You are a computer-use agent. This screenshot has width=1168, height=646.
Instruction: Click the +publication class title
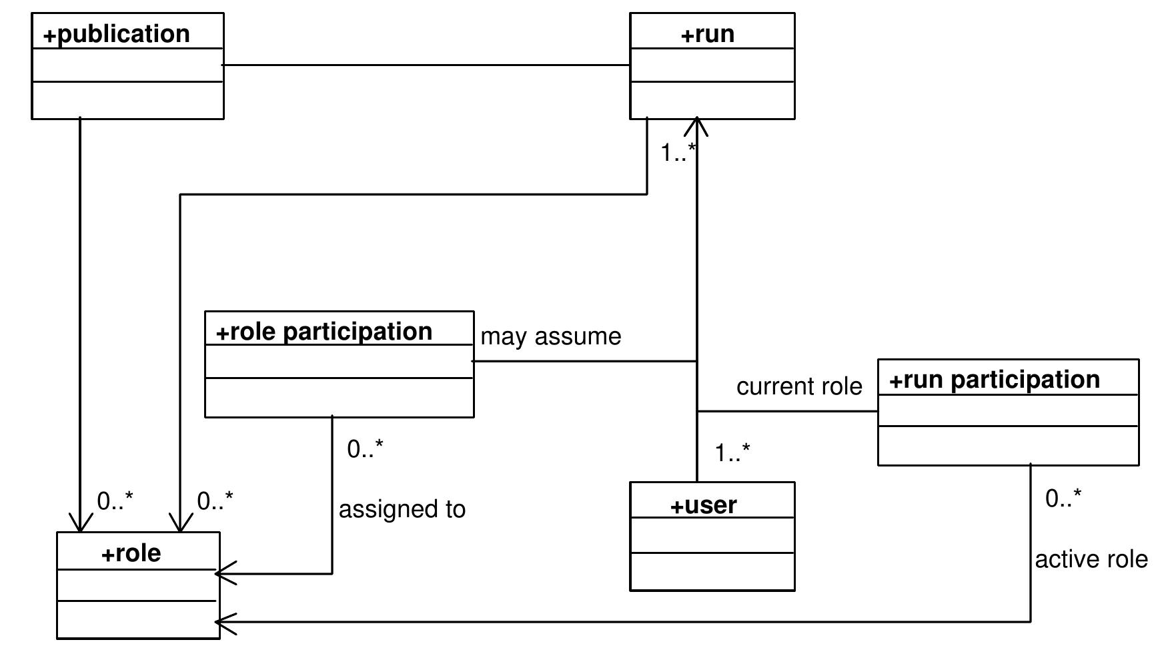[117, 34]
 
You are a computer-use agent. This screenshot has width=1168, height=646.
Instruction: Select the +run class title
[708, 34]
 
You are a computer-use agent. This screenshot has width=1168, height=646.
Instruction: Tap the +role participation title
[324, 332]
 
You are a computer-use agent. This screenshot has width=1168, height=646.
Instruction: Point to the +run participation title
[994, 380]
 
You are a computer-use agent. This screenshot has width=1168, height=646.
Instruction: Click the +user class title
[703, 505]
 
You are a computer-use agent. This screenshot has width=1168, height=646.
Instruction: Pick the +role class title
[131, 553]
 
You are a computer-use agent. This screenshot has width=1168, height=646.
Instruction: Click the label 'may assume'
[550, 336]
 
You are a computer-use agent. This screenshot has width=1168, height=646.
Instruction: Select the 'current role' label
[798, 386]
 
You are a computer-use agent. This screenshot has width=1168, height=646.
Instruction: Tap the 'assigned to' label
[402, 509]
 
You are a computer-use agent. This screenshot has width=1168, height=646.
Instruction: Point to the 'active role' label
[1091, 559]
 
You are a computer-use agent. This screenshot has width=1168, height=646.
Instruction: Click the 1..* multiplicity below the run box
[678, 153]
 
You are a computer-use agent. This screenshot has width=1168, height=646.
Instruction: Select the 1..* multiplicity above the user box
[732, 453]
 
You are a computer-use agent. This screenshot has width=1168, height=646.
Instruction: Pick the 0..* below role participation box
[365, 449]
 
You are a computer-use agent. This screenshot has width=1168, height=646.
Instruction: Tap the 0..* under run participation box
[1063, 499]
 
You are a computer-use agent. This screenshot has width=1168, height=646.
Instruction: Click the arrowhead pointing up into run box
[697, 125]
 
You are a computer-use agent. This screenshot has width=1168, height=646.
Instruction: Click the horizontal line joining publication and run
[427, 65]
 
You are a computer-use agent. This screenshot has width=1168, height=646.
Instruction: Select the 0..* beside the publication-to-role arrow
[115, 501]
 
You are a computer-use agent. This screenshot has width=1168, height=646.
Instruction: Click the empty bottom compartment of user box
[712, 571]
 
